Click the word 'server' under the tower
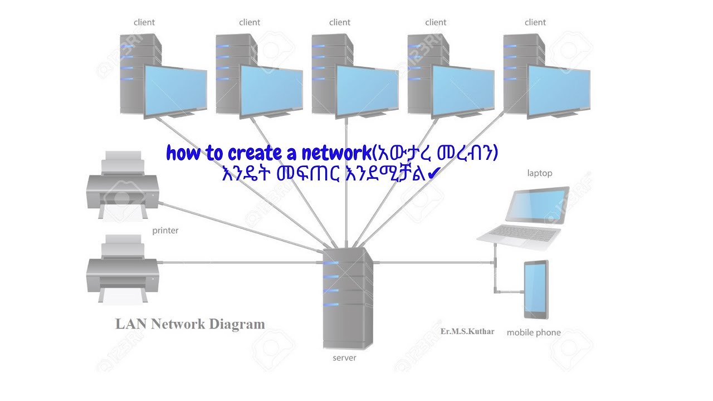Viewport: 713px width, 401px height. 344,358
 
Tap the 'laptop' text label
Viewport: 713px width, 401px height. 540,173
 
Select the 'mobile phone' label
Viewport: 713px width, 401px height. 534,332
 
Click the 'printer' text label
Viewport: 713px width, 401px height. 165,230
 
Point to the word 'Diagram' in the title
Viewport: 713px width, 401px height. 237,324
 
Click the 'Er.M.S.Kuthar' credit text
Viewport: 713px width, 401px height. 467,331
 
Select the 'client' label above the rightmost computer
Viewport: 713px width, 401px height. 535,22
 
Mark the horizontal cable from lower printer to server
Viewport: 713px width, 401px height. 240,262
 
